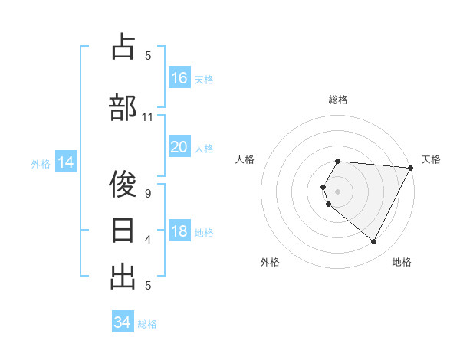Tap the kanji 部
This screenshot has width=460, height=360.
[x=123, y=107]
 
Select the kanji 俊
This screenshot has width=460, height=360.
[x=123, y=184]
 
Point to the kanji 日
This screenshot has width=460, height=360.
[x=123, y=230]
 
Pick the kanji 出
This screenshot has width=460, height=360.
[x=123, y=276]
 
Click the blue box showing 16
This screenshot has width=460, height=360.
[x=179, y=77]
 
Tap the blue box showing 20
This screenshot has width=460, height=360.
[x=179, y=147]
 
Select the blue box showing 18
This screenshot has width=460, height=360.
[x=179, y=232]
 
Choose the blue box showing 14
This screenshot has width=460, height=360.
[x=65, y=162]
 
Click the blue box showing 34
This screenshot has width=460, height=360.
[x=123, y=322]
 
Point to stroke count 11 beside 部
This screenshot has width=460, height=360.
[x=148, y=117]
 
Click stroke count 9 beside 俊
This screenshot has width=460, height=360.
[x=148, y=193]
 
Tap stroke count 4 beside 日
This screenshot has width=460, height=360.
[x=148, y=240]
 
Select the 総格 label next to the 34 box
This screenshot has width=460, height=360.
[x=147, y=324]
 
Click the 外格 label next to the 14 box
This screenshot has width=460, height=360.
[x=41, y=163]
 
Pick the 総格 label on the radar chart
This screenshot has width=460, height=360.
[x=338, y=100]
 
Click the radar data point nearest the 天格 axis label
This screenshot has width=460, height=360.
[x=411, y=168]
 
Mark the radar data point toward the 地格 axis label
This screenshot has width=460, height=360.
[x=374, y=242]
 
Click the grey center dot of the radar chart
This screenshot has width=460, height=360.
[x=338, y=191]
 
